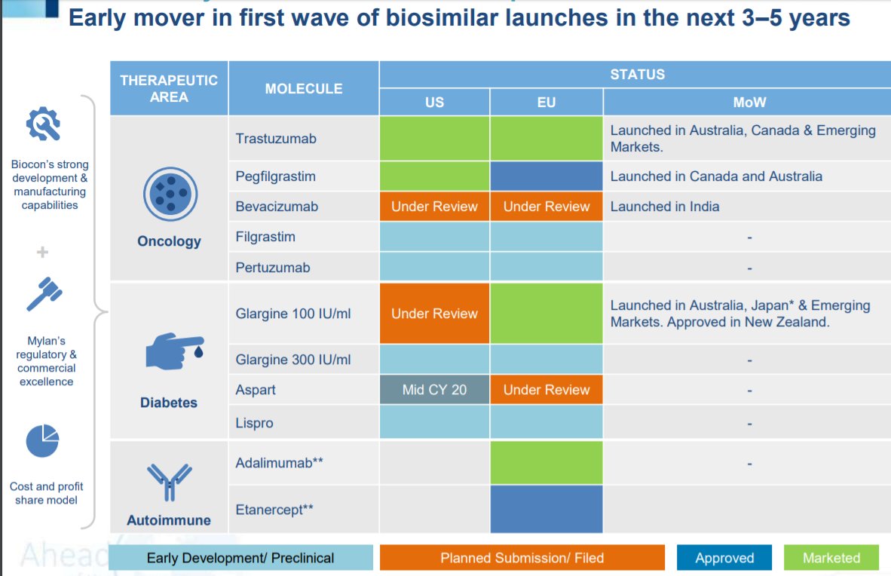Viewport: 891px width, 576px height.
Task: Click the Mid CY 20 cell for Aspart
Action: point(434,390)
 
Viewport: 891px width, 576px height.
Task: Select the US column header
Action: point(434,102)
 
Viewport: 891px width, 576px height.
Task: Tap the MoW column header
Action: point(749,102)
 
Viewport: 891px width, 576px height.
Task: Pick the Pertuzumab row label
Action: point(272,268)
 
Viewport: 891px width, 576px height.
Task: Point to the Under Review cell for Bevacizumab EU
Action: point(546,207)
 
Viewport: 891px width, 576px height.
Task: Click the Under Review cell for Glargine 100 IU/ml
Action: point(434,314)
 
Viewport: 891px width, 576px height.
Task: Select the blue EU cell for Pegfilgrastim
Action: point(546,176)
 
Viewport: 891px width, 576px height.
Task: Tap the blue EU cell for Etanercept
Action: point(546,509)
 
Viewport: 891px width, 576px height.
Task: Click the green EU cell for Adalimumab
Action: point(546,463)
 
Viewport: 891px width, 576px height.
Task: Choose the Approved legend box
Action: point(724,558)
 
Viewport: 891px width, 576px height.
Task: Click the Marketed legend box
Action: point(831,558)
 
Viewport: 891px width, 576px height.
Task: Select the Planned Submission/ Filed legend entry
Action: point(522,558)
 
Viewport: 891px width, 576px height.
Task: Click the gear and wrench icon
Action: point(44,124)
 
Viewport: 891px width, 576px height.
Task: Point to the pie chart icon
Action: point(43,441)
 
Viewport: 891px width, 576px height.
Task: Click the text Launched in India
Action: point(664,207)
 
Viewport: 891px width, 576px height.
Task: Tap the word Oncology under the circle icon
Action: point(169,241)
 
